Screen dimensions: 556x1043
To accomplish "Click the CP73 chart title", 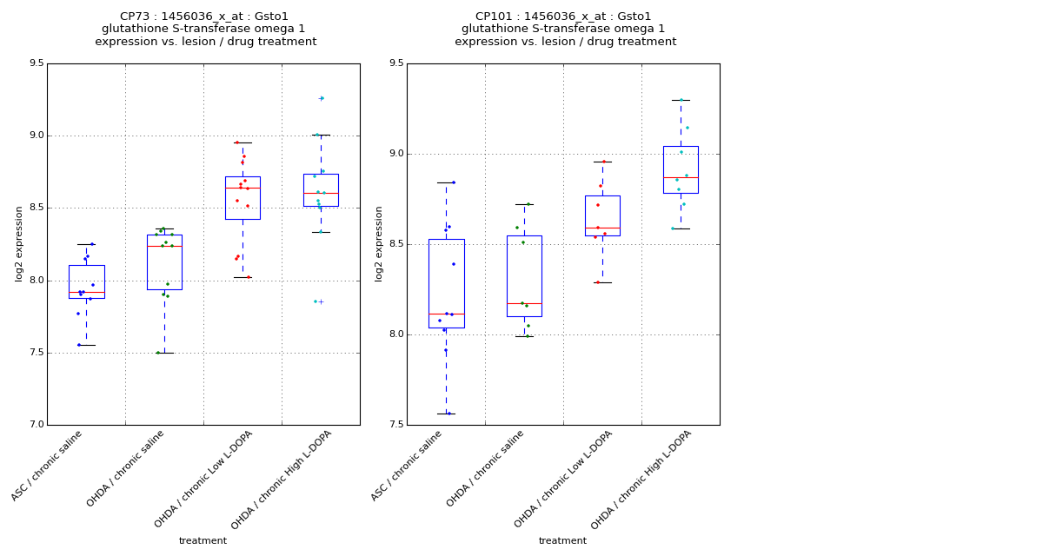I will click(x=205, y=29).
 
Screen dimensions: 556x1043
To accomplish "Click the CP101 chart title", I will click(x=565, y=29).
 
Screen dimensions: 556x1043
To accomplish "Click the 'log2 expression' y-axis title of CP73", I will click(x=19, y=244).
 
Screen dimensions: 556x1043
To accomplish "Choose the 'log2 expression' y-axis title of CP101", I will click(x=379, y=244).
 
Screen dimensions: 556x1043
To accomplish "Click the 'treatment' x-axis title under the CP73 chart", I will click(x=203, y=540).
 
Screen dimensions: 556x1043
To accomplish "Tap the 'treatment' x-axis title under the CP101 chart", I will click(x=562, y=540).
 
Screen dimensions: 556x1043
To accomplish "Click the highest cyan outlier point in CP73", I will click(x=322, y=98).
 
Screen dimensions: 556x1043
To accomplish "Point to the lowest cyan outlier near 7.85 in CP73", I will click(x=316, y=301).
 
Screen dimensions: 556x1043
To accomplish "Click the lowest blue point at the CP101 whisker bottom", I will click(x=448, y=414).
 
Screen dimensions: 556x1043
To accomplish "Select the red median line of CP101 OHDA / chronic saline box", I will click(x=524, y=303).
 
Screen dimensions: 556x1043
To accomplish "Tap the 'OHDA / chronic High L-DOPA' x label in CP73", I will click(x=282, y=480).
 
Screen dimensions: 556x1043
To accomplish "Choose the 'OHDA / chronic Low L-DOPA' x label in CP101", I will click(x=564, y=480).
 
